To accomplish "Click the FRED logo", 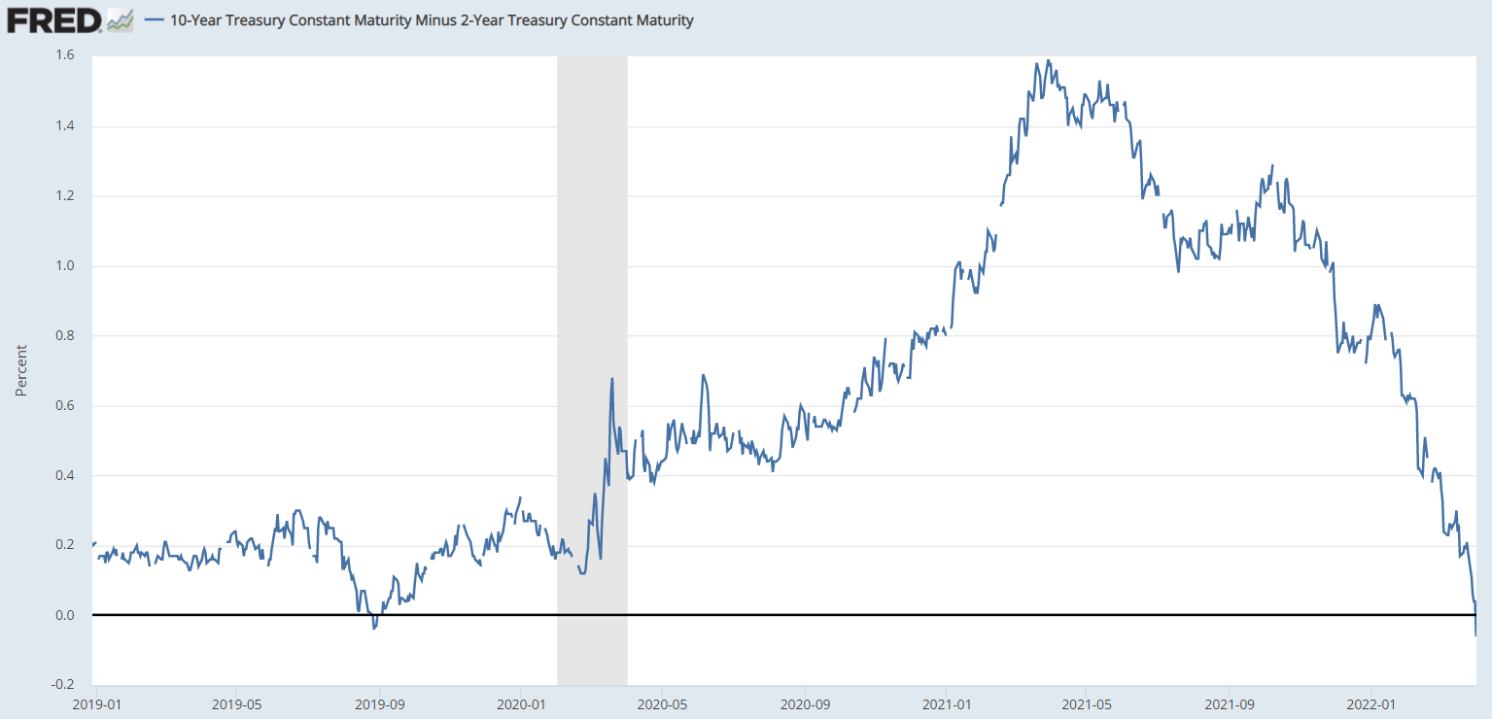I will (x=54, y=19).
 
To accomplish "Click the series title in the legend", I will (x=432, y=19).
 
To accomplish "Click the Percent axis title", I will (x=20, y=370).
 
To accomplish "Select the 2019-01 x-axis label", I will (x=95, y=702).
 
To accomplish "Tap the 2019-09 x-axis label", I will (x=378, y=702).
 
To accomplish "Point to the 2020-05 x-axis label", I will (x=662, y=702).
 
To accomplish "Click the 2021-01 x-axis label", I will (x=947, y=702).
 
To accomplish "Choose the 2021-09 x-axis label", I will (x=1230, y=702).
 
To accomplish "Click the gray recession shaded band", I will (x=592, y=291).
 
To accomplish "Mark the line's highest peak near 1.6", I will (x=1048, y=60).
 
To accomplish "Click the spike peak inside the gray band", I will (x=612, y=379).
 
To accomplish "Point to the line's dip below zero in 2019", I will (x=374, y=628).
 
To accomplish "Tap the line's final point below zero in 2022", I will (x=1475, y=634).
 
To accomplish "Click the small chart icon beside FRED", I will (x=121, y=19).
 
